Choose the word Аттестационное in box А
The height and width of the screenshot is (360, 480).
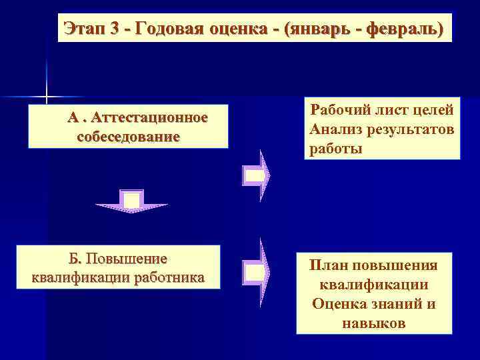click(x=151, y=119)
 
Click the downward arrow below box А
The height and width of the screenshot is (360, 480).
click(x=131, y=201)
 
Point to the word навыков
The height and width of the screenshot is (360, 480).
click(x=375, y=323)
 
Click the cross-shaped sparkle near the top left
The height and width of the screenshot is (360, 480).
click(x=47, y=98)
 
